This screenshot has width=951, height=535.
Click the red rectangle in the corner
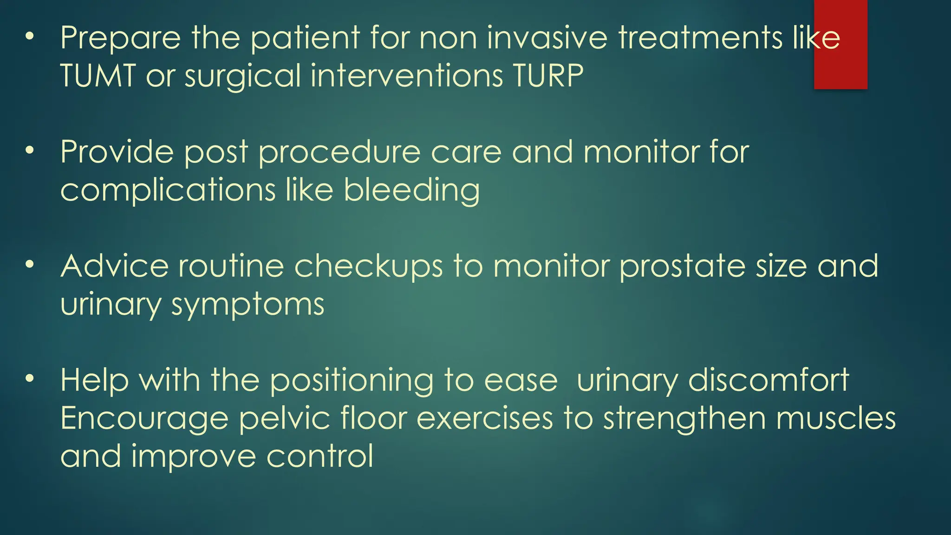pyautogui.click(x=840, y=44)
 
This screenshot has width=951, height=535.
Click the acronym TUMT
pyautogui.click(x=98, y=76)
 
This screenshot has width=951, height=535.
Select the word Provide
pyautogui.click(x=117, y=152)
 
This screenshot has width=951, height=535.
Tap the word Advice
pyautogui.click(x=114, y=266)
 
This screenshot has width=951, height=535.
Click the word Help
pyautogui.click(x=94, y=380)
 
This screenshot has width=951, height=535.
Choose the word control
pyautogui.click(x=320, y=456)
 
